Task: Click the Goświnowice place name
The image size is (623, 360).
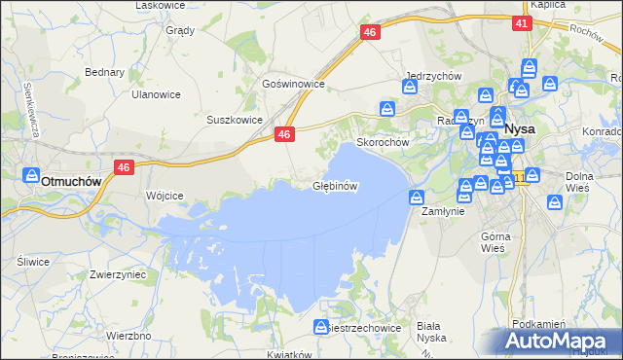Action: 292,85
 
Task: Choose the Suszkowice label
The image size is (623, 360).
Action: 235,120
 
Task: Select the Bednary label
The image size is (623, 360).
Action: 104,72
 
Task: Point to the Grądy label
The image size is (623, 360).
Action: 180,29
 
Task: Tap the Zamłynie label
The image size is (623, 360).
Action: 443,210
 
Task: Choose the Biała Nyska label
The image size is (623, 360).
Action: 429,332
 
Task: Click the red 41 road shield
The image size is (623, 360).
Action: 523,23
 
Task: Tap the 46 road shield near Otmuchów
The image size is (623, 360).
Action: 123,167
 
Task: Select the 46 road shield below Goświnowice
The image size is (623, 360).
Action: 284,135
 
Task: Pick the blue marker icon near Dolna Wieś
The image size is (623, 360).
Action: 555,203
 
